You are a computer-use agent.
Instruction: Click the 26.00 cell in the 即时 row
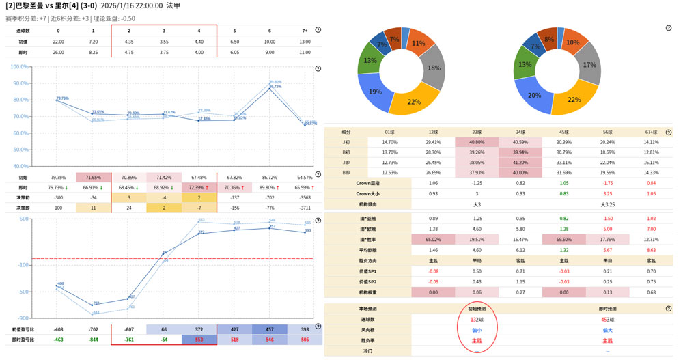[58, 52]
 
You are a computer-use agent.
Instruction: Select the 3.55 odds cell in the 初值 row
[164, 42]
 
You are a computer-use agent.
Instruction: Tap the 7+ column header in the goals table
[305, 31]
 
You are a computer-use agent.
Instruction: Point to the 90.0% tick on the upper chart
[20, 83]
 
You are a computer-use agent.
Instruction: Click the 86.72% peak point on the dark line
[275, 87]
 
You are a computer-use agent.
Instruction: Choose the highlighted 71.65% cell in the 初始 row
[94, 178]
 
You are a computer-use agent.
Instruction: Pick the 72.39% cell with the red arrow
[199, 187]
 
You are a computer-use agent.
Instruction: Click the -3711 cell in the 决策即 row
[305, 208]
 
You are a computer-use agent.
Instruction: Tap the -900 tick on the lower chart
[23, 318]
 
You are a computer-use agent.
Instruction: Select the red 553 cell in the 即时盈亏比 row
[199, 340]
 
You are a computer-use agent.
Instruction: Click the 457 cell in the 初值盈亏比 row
[270, 329]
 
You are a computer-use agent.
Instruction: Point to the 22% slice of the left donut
[414, 102]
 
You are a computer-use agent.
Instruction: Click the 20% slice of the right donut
[535, 96]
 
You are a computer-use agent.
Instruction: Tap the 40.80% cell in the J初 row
[477, 142]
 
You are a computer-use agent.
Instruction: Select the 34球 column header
[520, 132]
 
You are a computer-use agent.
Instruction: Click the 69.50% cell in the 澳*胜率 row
[564, 240]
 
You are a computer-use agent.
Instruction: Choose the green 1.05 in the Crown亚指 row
[564, 183]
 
